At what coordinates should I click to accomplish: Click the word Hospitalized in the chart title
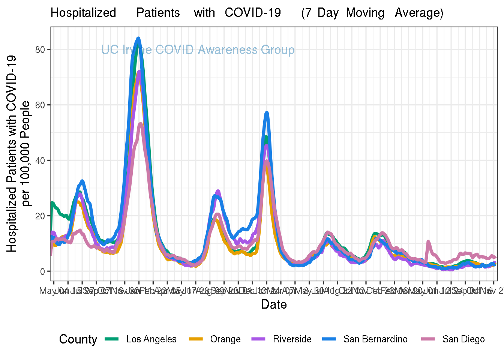pyautogui.click(x=83, y=13)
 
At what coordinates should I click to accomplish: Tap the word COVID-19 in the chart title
pyautogui.click(x=253, y=13)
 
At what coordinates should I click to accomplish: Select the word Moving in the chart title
pyautogui.click(x=365, y=13)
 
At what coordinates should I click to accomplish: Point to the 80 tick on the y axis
pyautogui.click(x=40, y=49)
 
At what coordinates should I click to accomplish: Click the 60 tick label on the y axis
pyautogui.click(x=40, y=105)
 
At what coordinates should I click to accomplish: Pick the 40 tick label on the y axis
pyautogui.click(x=40, y=160)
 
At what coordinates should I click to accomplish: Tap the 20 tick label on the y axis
pyautogui.click(x=40, y=216)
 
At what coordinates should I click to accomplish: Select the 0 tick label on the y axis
pyautogui.click(x=43, y=271)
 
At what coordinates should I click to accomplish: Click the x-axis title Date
pyautogui.click(x=274, y=304)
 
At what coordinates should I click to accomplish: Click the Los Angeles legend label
pyautogui.click(x=151, y=339)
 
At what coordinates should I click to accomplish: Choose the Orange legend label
pyautogui.click(x=225, y=339)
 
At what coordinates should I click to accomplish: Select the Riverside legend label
pyautogui.click(x=292, y=339)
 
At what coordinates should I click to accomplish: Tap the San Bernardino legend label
pyautogui.click(x=375, y=339)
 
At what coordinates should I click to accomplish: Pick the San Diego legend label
pyautogui.click(x=463, y=339)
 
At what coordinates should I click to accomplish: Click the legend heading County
pyautogui.click(x=78, y=339)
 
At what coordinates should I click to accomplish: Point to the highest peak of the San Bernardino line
pyautogui.click(x=138, y=38)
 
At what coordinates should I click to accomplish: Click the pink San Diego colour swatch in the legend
pyautogui.click(x=428, y=339)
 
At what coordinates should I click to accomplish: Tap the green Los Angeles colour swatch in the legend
pyautogui.click(x=112, y=339)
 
